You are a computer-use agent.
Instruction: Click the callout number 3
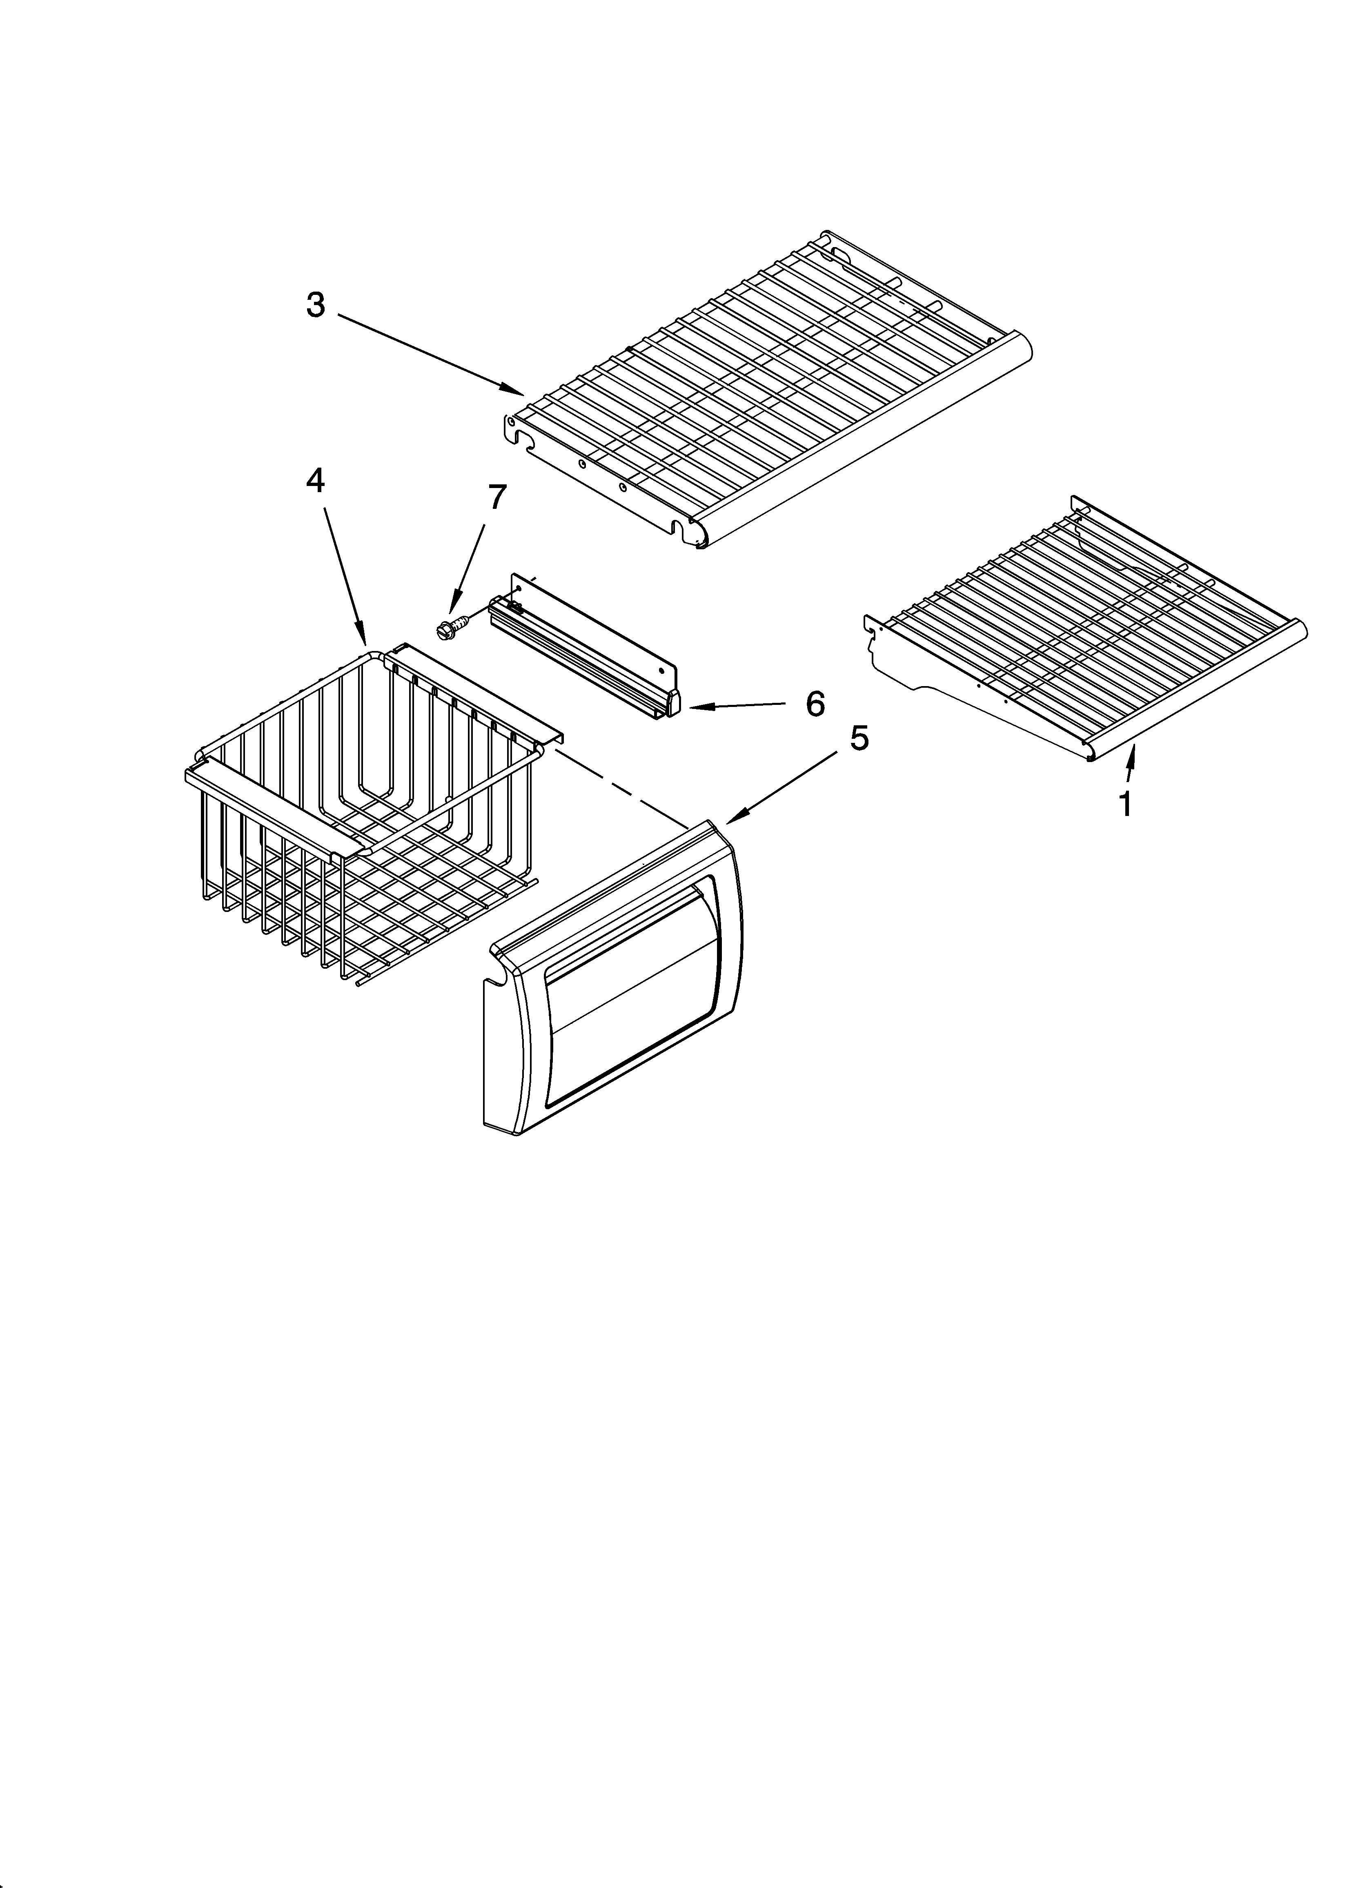point(316,305)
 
